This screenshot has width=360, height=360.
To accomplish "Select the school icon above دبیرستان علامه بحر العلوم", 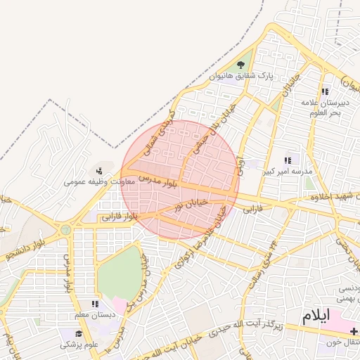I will click(325, 91).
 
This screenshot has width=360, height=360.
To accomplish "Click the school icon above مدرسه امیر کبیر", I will click(288, 160).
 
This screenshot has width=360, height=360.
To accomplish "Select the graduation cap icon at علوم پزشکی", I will click(79, 333).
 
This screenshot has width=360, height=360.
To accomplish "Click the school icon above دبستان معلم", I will click(95, 304).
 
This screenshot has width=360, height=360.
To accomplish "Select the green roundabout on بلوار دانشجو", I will click(65, 229).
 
